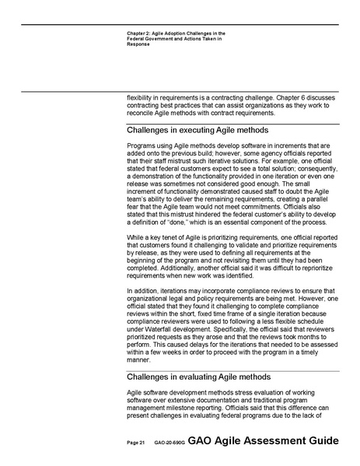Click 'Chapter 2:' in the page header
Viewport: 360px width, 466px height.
[142, 34]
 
